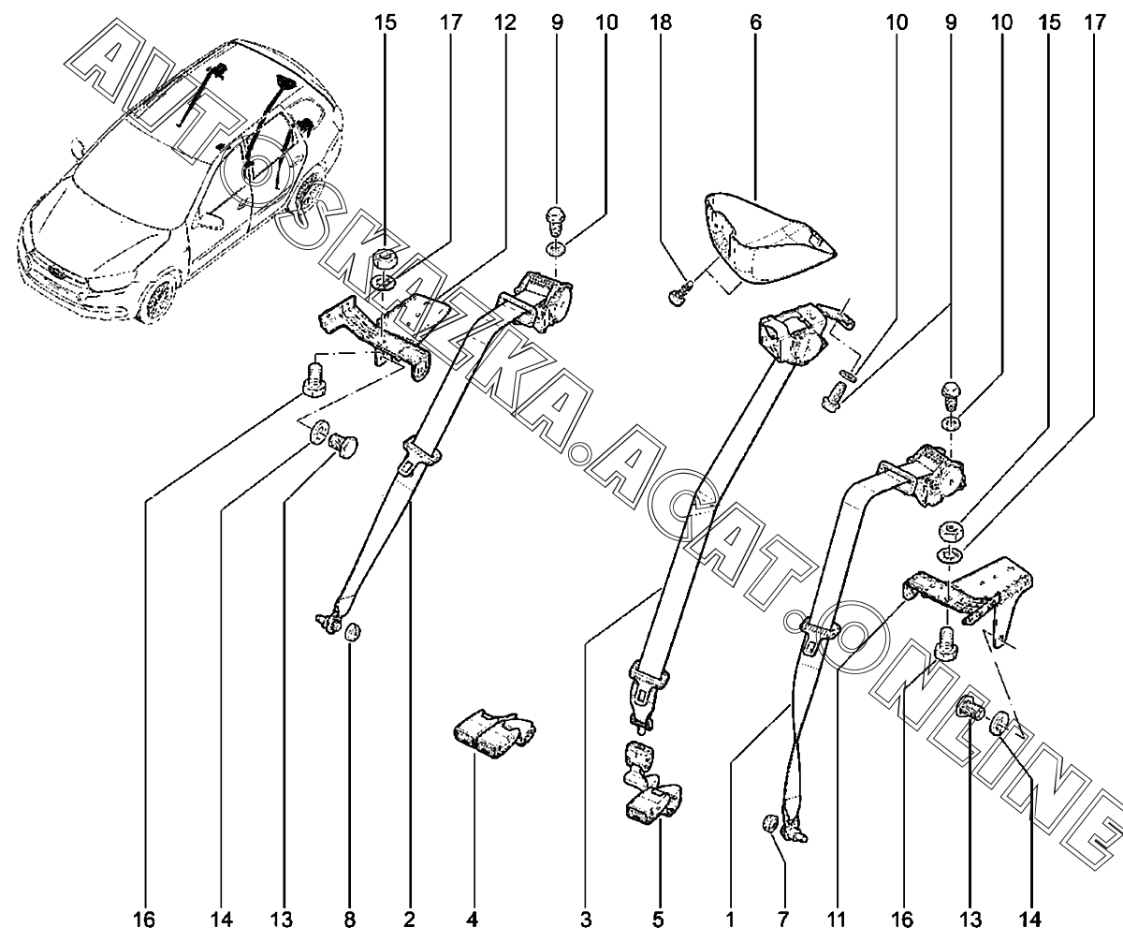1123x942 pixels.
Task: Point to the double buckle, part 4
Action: pos(493,731)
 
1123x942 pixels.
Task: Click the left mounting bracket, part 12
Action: pos(374,328)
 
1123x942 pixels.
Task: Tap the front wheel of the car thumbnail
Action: pos(158,298)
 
